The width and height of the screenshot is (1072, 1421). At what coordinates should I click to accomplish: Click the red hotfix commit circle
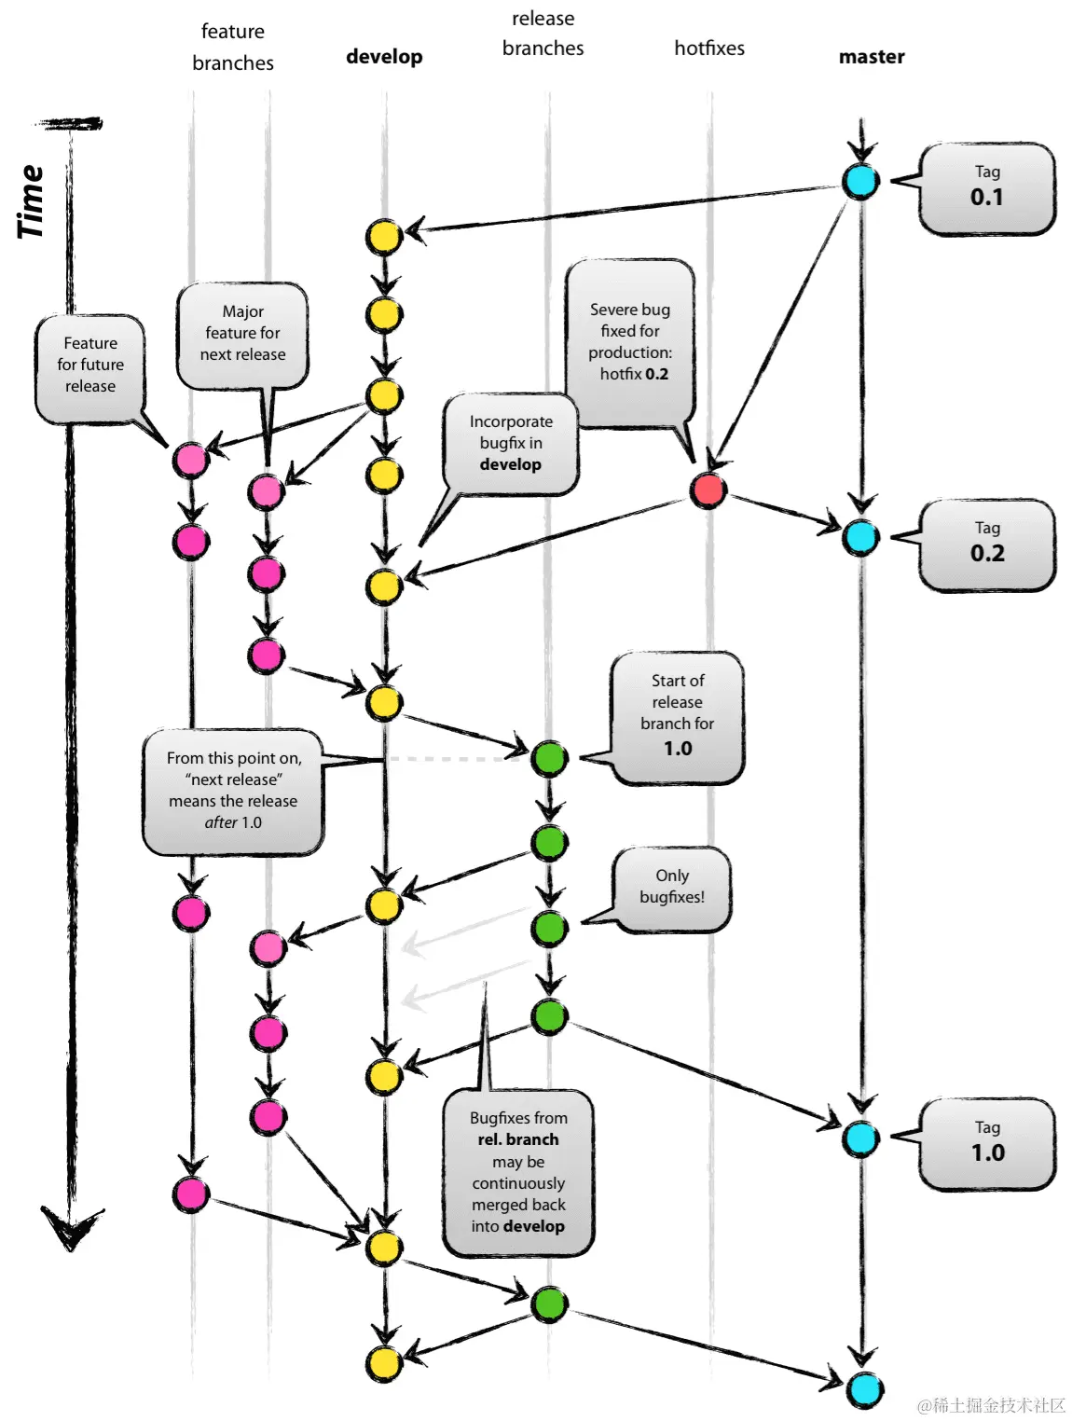point(708,490)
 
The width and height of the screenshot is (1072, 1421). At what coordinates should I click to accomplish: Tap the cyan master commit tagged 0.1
point(860,181)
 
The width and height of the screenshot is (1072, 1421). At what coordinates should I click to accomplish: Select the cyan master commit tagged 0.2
point(860,537)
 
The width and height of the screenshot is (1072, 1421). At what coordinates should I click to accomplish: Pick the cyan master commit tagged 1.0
point(860,1138)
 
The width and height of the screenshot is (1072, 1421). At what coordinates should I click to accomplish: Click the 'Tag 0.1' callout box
point(987,187)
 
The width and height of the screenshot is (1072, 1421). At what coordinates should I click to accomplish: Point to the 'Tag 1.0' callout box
point(987,1143)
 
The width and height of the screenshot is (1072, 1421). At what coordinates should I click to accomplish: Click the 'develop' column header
point(384,57)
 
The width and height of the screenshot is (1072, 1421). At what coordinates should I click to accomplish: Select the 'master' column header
point(872,57)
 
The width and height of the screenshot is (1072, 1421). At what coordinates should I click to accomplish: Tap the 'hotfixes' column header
point(709,48)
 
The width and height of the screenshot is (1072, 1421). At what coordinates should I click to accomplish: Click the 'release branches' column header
point(543,34)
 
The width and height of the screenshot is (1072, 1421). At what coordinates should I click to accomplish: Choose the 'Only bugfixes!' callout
point(672,888)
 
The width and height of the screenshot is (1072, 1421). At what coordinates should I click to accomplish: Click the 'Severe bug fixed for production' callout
point(631,342)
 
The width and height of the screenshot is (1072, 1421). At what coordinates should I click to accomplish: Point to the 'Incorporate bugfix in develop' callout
point(511,444)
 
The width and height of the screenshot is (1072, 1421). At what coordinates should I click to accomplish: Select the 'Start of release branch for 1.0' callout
point(678,715)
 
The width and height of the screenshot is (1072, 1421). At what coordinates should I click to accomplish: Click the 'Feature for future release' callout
point(90,366)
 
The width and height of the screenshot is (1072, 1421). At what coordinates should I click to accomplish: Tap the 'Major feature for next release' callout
point(242,334)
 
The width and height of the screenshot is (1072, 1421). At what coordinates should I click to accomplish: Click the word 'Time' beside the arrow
point(30,201)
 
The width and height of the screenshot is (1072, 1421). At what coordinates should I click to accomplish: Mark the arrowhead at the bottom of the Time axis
point(71,1229)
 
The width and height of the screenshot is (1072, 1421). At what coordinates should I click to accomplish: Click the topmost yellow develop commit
point(383,237)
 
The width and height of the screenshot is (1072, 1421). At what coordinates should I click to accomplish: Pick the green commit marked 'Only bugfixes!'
point(549,928)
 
